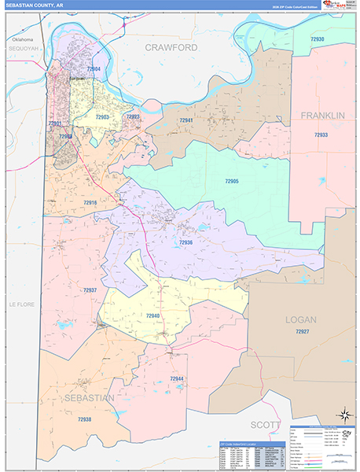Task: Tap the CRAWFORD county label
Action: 171,48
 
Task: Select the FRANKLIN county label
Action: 323,116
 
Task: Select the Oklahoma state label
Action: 23,39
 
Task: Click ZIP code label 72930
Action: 317,39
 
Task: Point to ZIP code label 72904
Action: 94,70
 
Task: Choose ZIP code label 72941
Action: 186,120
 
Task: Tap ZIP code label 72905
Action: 231,181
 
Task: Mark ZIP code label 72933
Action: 321,135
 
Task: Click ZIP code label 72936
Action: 186,242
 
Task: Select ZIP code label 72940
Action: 152,315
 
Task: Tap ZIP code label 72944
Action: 176,379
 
